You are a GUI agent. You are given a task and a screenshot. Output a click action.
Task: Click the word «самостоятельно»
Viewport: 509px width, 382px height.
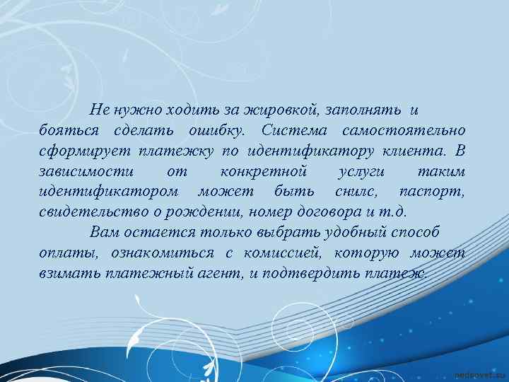click(x=403, y=131)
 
